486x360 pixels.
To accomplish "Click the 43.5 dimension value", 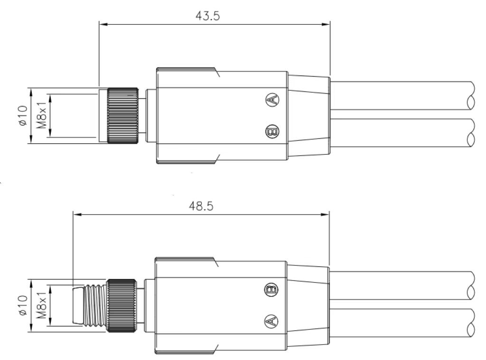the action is pos(207,16).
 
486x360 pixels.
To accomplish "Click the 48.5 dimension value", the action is pos(201,206).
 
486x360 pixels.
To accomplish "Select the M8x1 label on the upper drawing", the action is pos(42,116).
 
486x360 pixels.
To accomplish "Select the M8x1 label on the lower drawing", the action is pos(42,305).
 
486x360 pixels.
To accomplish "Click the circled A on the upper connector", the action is pos(272,100).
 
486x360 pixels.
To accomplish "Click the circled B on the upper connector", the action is pos(272,131).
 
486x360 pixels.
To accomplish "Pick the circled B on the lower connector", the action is pos(271,289).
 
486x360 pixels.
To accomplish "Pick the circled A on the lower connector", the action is pos(271,321).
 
